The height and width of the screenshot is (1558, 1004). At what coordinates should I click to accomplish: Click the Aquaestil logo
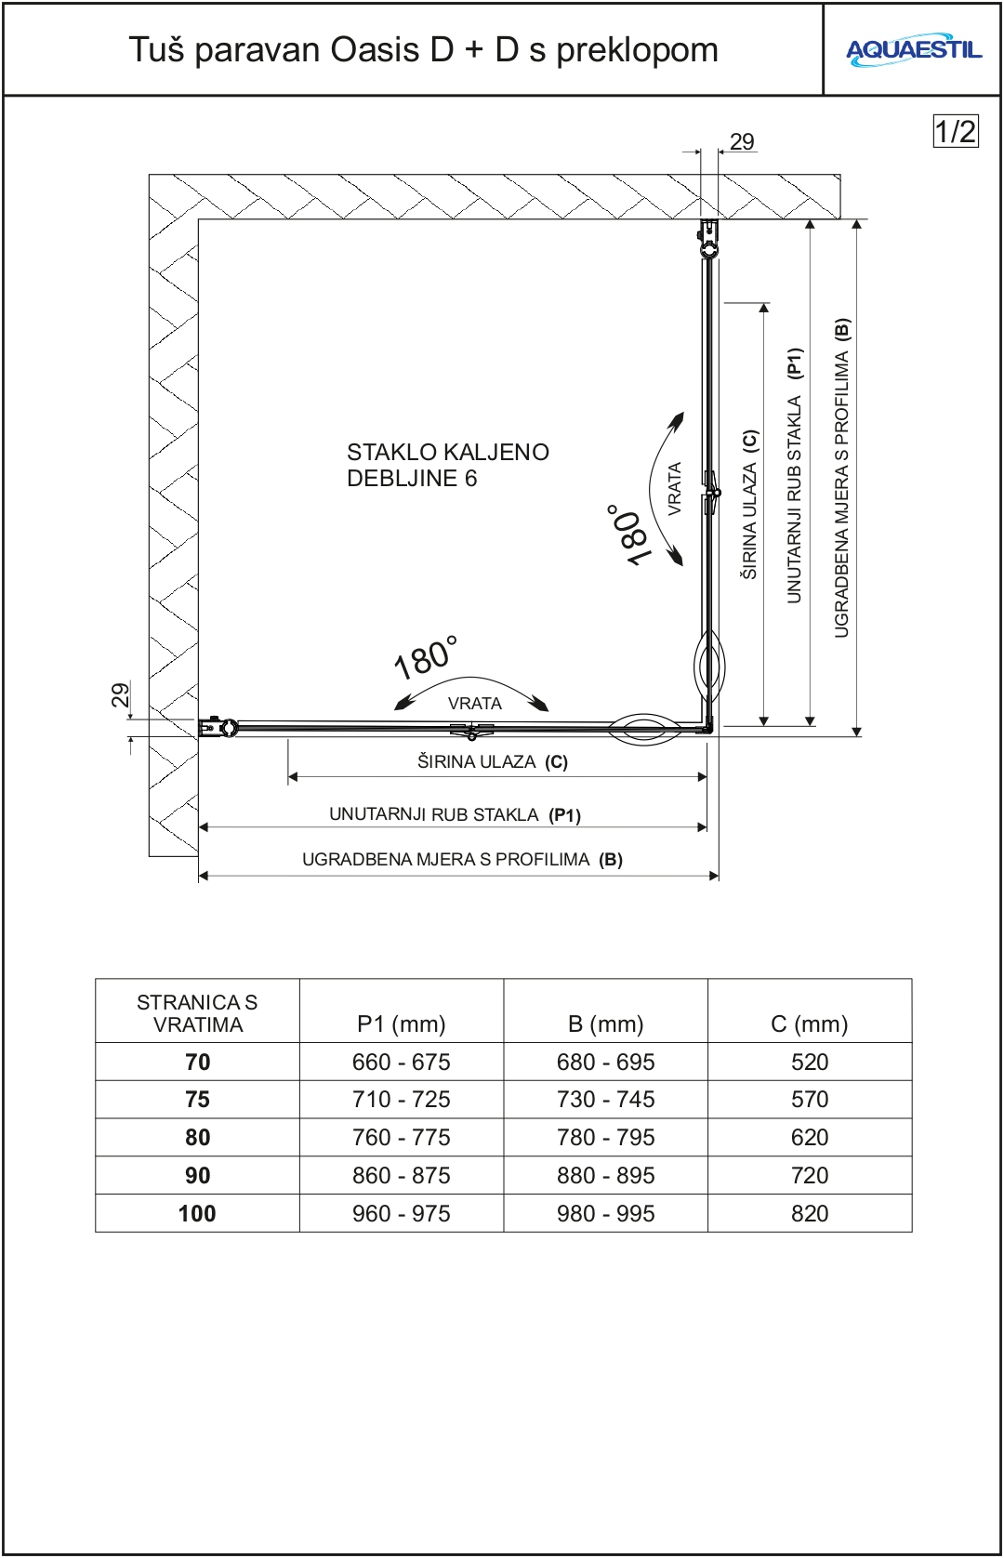pos(913,50)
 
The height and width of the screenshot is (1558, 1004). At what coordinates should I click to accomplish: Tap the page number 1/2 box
pos(955,131)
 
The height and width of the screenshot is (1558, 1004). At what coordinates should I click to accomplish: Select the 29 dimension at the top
pos(742,141)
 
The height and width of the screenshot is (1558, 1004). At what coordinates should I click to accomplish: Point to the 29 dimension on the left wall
pos(120,694)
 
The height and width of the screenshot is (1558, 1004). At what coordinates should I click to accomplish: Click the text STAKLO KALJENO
pos(447,453)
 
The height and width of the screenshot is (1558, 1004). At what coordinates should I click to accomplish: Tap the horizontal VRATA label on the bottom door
pos(474,704)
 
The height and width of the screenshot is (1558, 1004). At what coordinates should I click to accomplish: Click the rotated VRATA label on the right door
pos(675,488)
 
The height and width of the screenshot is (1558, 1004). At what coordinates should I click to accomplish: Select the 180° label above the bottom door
pos(426,657)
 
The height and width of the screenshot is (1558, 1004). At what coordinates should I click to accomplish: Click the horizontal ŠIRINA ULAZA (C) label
pos(492,762)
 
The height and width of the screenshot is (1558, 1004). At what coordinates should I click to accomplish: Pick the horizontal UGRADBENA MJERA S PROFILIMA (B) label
pos(462,860)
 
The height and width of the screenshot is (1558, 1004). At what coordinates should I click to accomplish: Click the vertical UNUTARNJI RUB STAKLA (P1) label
pos(795,475)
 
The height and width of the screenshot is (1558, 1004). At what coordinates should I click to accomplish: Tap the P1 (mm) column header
pos(401,1023)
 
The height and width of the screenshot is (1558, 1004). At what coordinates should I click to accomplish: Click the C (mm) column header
pos(809,1023)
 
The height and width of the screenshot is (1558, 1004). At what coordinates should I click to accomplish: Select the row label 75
pos(197,1100)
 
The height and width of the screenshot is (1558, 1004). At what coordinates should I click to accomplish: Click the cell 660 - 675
pos(401,1062)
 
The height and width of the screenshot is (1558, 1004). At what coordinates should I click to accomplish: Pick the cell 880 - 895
pos(605,1175)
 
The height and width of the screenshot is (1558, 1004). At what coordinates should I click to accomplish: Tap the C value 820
pos(809,1213)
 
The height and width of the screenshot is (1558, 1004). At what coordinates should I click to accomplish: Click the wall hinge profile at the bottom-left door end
pos(218,727)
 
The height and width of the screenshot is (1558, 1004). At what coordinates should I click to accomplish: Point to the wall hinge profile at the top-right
pos(708,237)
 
